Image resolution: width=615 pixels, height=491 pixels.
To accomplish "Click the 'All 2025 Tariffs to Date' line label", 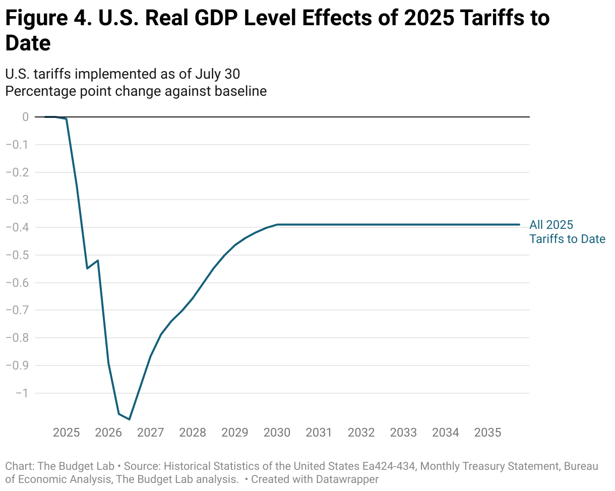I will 567,232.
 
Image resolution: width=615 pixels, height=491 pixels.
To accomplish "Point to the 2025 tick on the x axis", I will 66,433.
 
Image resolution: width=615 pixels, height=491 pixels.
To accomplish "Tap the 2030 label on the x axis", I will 277,433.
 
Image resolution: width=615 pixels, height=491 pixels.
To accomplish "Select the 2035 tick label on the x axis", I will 487,433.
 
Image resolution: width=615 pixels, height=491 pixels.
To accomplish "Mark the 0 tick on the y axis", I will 25,117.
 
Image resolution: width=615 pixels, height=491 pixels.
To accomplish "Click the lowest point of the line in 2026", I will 130,419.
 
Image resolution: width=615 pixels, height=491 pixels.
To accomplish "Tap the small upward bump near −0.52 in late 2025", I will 97,261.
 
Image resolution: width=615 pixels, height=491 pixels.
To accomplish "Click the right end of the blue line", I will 519,224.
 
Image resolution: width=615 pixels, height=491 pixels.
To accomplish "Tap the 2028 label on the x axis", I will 193,433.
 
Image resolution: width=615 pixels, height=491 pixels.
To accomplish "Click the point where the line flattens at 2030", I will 277,224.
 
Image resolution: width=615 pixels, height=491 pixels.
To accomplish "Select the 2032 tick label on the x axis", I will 361,433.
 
